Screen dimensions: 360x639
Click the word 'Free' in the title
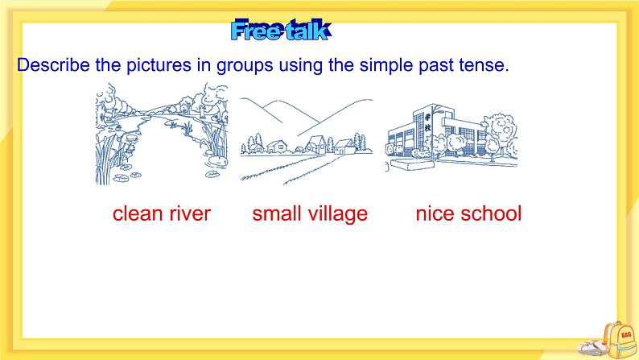[256, 31]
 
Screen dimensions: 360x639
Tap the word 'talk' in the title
[306, 31]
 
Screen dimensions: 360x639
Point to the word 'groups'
[242, 66]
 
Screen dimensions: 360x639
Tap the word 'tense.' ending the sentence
[484, 65]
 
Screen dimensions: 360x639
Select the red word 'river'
[191, 213]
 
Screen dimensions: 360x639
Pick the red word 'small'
[277, 213]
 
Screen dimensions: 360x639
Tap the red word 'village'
[337, 213]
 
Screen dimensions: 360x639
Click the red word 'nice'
[435, 213]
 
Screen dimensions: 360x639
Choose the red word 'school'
[491, 213]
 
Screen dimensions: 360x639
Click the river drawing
[161, 137]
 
